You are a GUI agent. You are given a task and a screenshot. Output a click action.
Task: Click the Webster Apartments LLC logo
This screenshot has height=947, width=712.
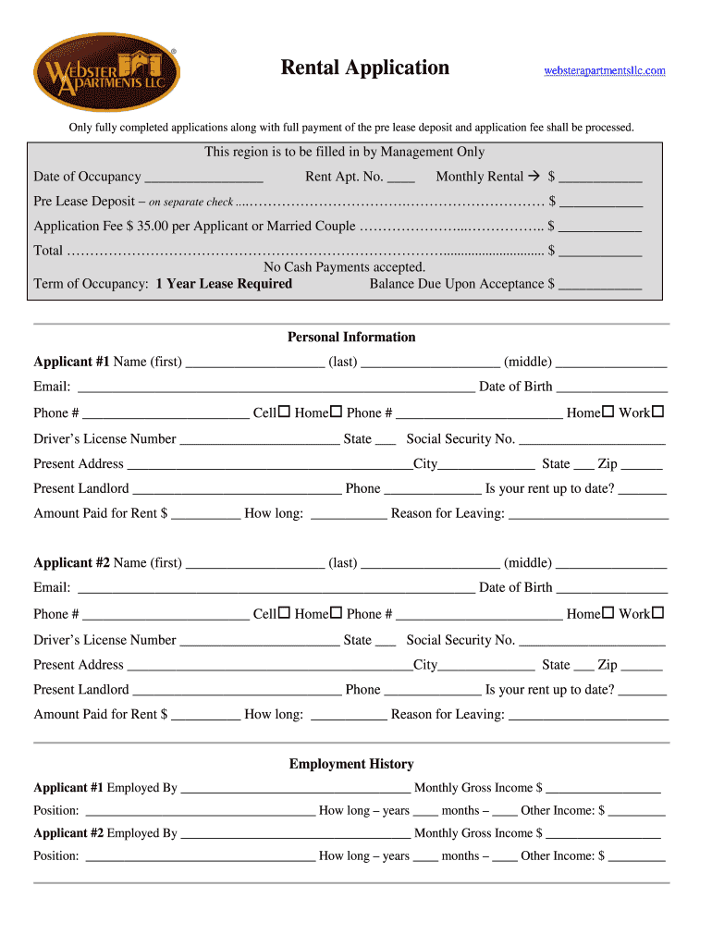point(106,72)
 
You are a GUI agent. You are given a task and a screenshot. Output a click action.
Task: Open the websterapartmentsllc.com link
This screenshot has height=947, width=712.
point(604,71)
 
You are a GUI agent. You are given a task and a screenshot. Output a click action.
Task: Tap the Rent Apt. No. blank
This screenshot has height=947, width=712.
point(400,177)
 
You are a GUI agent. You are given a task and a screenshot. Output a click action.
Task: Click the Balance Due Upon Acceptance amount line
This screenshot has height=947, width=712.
point(599,285)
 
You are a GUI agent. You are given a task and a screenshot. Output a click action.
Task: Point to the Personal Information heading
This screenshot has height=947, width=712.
point(351,338)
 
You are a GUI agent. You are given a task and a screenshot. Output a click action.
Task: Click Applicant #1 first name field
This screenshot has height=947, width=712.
point(254,362)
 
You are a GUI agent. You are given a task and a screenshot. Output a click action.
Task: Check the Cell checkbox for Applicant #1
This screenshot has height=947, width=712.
point(285,412)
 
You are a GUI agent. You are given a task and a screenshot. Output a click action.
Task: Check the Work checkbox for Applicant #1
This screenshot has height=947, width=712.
point(658,412)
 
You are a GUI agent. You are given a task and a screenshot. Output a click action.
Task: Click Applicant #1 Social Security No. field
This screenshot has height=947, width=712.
point(592,439)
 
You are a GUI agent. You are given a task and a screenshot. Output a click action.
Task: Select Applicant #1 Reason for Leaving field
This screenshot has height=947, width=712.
point(588,513)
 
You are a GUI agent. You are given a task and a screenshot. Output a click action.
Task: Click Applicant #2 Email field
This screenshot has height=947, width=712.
point(276,588)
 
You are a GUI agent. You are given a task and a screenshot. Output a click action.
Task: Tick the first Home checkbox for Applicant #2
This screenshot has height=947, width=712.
point(337,612)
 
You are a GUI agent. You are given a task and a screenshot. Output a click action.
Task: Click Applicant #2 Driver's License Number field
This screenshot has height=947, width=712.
point(259,640)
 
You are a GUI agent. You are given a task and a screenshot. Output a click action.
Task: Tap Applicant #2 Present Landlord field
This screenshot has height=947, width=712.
point(237,690)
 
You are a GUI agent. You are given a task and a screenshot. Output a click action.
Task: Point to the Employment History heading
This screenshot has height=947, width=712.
point(351,764)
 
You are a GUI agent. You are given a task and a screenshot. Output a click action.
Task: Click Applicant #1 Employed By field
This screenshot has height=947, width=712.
point(295,789)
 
